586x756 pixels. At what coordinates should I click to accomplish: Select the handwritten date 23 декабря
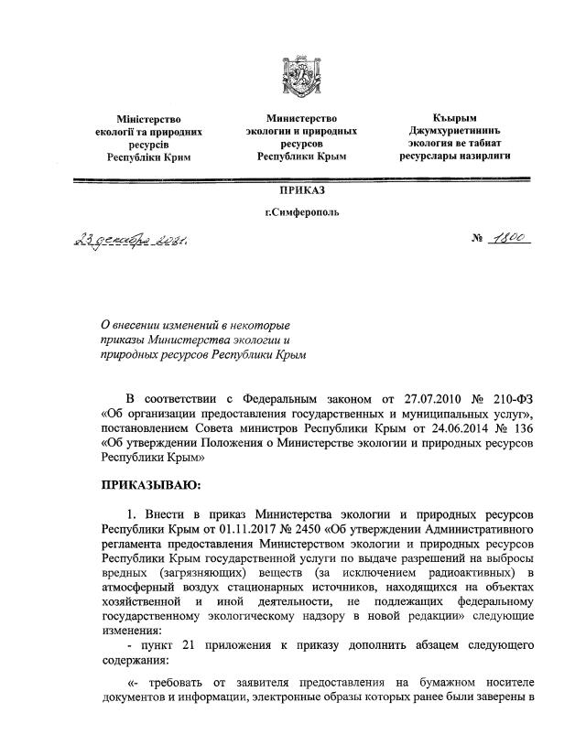click(127, 243)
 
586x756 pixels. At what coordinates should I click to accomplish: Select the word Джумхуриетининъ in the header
click(454, 131)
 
